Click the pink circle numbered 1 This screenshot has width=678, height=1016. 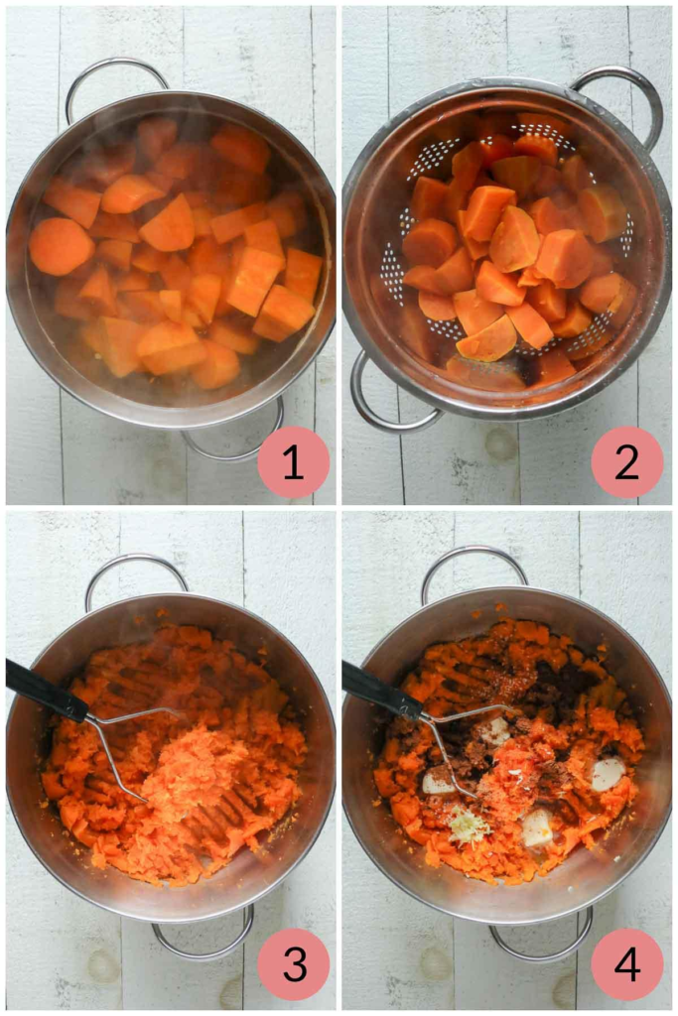pos(293,462)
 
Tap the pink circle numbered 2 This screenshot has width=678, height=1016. pos(627,462)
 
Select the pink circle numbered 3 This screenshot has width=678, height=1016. pos(294,963)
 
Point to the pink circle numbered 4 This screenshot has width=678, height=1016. pos(627,963)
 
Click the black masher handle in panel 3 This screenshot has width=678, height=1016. pos(46,692)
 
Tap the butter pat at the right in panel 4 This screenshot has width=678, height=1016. pos(608,774)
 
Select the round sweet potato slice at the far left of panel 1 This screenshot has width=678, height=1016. pos(61,246)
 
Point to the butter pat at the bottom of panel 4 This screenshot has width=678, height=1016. pos(538,827)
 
